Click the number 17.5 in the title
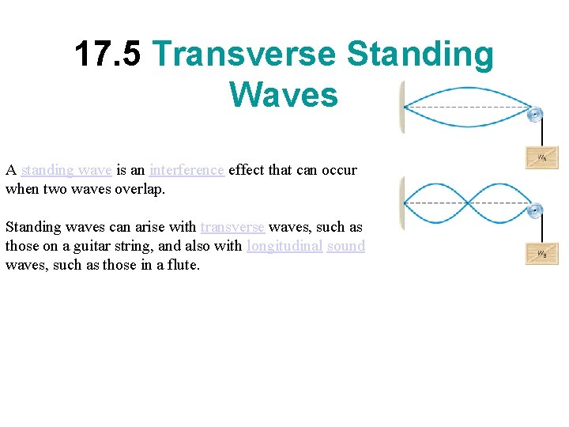tap(107, 55)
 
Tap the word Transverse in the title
tap(245, 55)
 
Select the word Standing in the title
tap(420, 55)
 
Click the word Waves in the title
tap(284, 94)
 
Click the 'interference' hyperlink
tap(187, 170)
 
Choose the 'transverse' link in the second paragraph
tap(232, 227)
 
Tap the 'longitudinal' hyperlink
tap(284, 246)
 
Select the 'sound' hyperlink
tap(346, 246)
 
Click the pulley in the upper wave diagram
tap(536, 115)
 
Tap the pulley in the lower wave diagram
tap(536, 210)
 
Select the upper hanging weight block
tap(542, 157)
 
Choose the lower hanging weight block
tap(542, 253)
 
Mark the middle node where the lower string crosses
tap(469, 203)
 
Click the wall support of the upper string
tap(402, 108)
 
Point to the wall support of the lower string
tap(402, 203)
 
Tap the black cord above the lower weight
tap(543, 229)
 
